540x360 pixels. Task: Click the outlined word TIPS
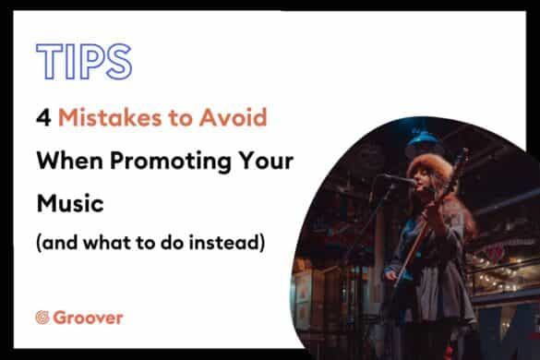click(83, 60)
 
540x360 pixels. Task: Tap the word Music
click(66, 202)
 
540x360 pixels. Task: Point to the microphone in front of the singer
click(398, 179)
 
